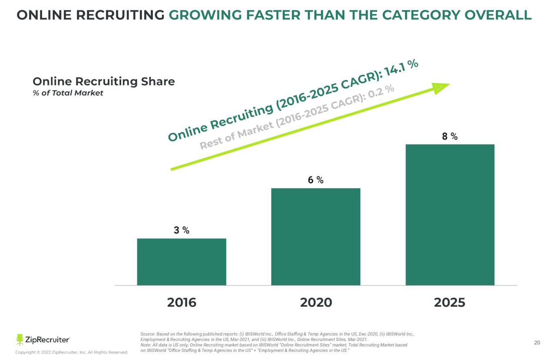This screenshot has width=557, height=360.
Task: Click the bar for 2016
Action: pyautogui.click(x=181, y=262)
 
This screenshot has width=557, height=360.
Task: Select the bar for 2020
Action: pyautogui.click(x=315, y=237)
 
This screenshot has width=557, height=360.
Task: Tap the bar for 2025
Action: pyautogui.click(x=450, y=215)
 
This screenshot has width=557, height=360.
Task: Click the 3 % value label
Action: pyautogui.click(x=181, y=230)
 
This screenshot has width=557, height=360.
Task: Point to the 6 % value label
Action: pyautogui.click(x=315, y=180)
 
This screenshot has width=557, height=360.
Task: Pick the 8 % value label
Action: pyautogui.click(x=450, y=137)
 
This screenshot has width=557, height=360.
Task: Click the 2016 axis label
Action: pyautogui.click(x=181, y=303)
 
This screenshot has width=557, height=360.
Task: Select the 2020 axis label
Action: pyautogui.click(x=316, y=303)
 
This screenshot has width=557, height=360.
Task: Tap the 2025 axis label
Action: pyautogui.click(x=450, y=303)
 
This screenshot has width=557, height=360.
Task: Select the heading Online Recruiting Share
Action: pyautogui.click(x=104, y=81)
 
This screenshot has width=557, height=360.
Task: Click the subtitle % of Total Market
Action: pyautogui.click(x=68, y=93)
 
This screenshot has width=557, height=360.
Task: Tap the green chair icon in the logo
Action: pyautogui.click(x=20, y=340)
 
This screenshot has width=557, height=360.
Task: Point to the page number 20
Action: pyautogui.click(x=537, y=343)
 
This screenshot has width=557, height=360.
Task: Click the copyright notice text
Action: pyautogui.click(x=72, y=352)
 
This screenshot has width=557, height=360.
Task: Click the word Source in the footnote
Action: pyautogui.click(x=148, y=334)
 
